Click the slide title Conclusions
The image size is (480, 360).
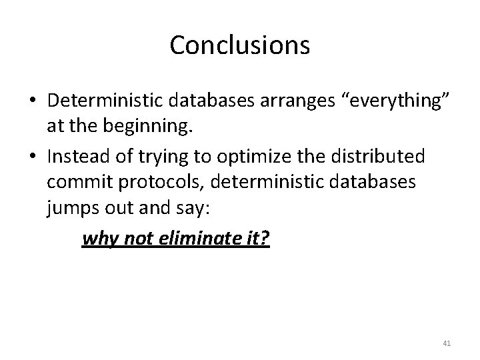coord(239,45)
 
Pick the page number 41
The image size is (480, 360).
coord(447,343)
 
